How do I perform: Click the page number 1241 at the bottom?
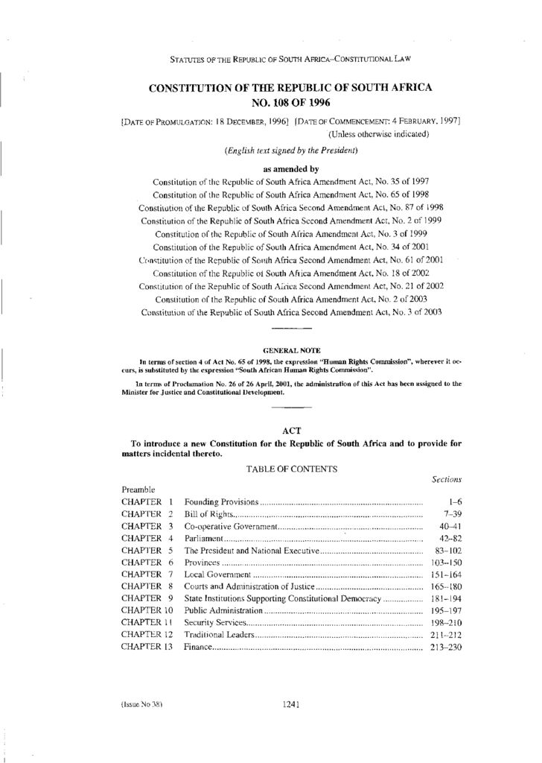291,708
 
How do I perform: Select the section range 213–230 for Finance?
446,647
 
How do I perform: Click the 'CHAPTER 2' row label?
147,514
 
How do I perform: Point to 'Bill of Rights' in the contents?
209,514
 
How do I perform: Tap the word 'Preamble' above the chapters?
138,490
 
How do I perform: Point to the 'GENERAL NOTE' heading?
291,349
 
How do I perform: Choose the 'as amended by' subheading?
292,168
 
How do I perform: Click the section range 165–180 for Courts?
446,586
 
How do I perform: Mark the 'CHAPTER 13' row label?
147,647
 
